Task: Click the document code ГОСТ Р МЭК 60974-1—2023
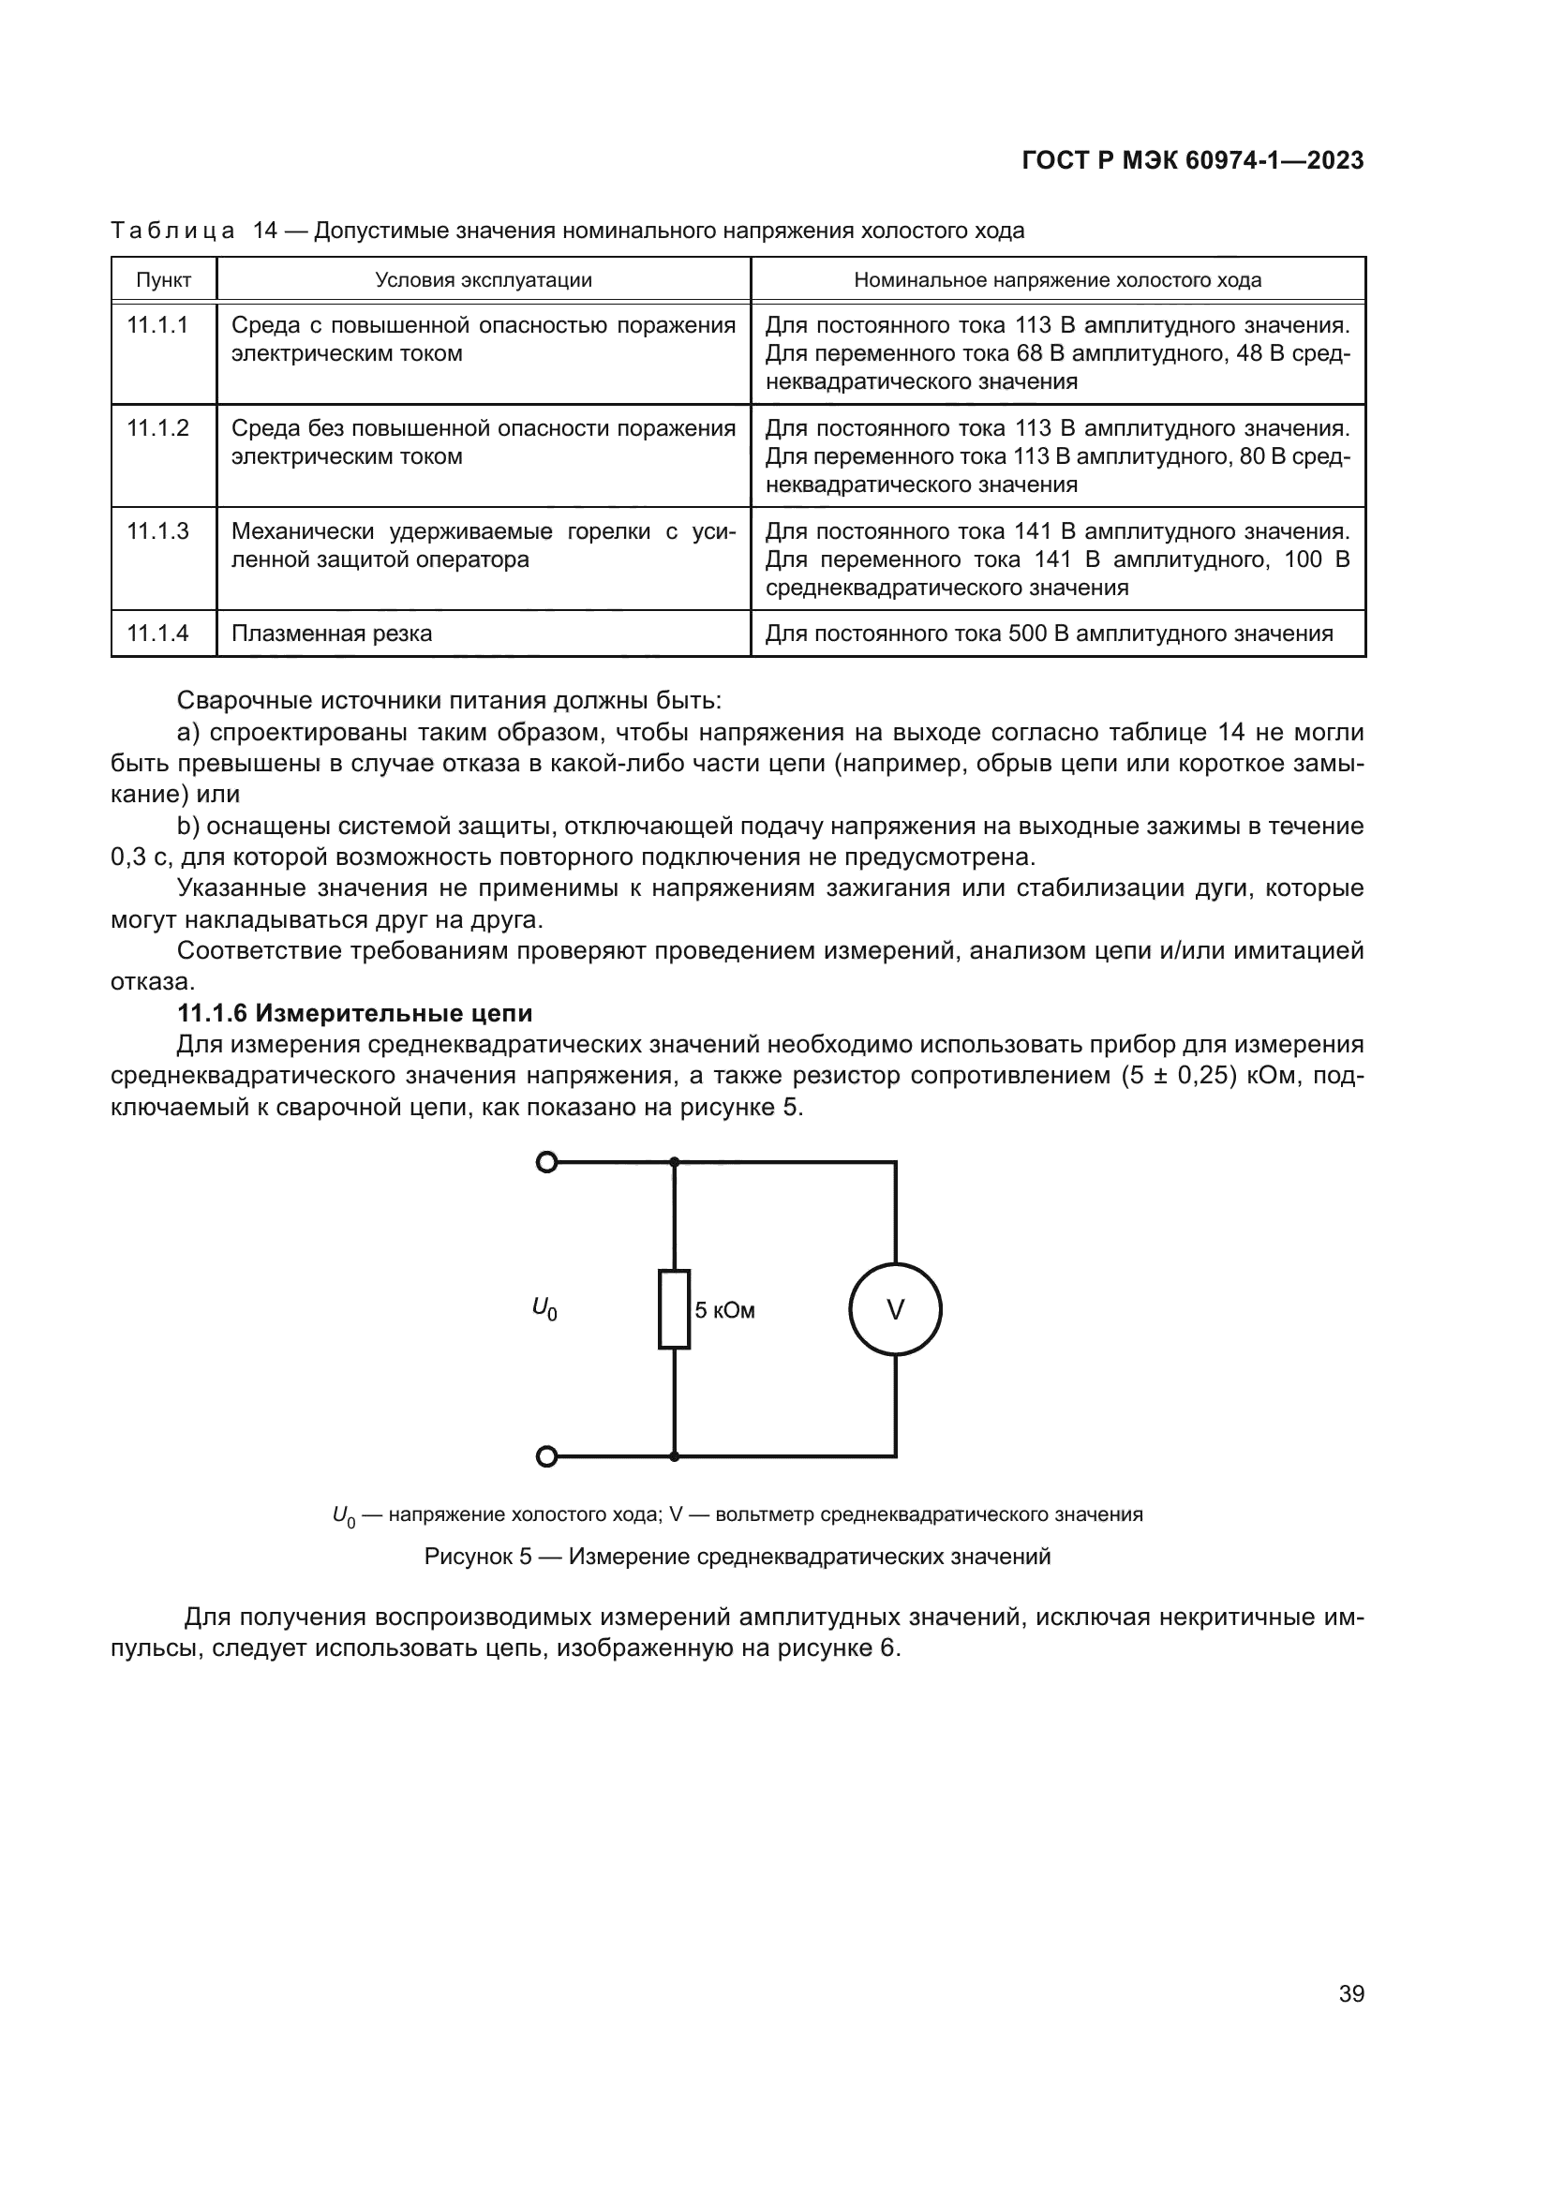(1192, 160)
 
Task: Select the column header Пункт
(163, 279)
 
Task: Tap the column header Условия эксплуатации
(483, 279)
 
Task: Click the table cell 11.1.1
(157, 325)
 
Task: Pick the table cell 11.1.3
(157, 531)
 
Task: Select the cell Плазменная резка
(331, 634)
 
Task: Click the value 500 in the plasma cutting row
(1027, 634)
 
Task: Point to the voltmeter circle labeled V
(894, 1310)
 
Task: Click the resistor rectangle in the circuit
(674, 1309)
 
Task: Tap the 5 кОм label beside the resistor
(724, 1311)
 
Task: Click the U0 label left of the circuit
(544, 1308)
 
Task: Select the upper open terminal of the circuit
(546, 1162)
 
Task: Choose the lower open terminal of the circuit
(546, 1456)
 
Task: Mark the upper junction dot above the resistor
(674, 1162)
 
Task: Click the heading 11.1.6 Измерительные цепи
(355, 1012)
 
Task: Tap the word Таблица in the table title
(172, 231)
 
